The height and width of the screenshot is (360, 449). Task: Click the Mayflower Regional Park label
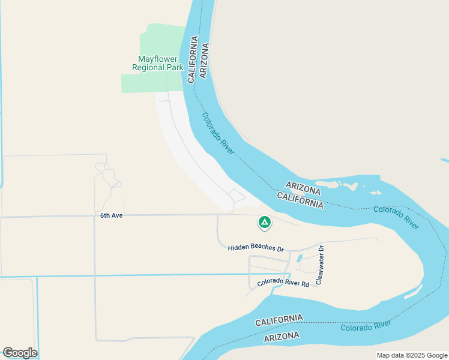pyautogui.click(x=160, y=64)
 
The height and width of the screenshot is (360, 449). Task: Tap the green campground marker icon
pyautogui.click(x=264, y=223)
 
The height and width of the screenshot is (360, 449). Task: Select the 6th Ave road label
pyautogui.click(x=111, y=215)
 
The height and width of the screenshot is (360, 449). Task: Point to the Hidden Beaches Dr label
pyautogui.click(x=256, y=248)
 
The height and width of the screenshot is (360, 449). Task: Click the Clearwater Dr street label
pyautogui.click(x=321, y=265)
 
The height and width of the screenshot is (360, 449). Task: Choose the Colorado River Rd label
pyautogui.click(x=283, y=283)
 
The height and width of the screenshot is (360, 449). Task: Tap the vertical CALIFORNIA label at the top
pyautogui.click(x=193, y=59)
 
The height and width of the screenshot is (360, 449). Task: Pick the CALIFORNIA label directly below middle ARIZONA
pyautogui.click(x=300, y=200)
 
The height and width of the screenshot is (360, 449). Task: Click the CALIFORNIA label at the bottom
pyautogui.click(x=279, y=320)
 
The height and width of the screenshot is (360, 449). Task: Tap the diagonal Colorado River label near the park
pyautogui.click(x=218, y=134)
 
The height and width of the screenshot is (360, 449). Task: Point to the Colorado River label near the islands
pyautogui.click(x=395, y=217)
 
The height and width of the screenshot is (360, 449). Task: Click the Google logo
pyautogui.click(x=20, y=353)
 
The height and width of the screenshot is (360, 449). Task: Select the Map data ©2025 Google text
pyautogui.click(x=411, y=355)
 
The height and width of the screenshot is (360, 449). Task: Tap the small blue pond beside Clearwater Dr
pyautogui.click(x=300, y=259)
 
